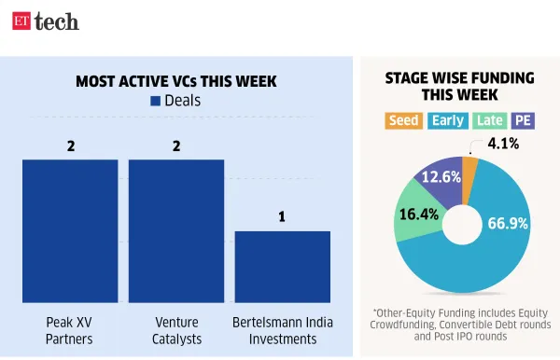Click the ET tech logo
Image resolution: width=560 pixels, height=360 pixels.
click(x=45, y=21)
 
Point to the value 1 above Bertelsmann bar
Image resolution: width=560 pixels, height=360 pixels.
click(x=282, y=217)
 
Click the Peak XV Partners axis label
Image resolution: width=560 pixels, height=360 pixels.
click(x=70, y=331)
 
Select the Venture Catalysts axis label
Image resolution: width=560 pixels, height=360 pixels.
click(x=176, y=331)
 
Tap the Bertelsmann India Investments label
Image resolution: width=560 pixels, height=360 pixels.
click(x=282, y=331)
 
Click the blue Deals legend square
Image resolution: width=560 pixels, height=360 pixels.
click(x=155, y=101)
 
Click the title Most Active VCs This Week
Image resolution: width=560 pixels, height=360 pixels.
click(x=176, y=81)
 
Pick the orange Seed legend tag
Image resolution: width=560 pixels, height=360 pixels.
click(x=404, y=120)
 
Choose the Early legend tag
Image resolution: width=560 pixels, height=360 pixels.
click(x=447, y=120)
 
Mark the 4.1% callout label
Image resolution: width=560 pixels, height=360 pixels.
click(x=504, y=144)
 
